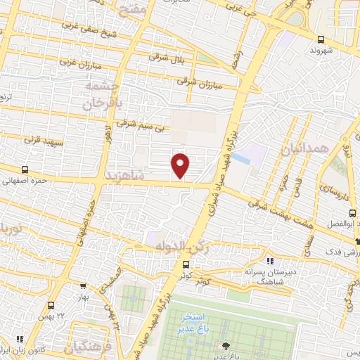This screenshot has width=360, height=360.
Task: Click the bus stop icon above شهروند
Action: pos(321,39)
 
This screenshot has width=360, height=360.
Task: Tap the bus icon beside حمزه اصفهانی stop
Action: pos(25,169)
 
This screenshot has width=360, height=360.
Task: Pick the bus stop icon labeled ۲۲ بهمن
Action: pos(51,305)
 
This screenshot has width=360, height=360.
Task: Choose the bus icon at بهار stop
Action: pos(83,286)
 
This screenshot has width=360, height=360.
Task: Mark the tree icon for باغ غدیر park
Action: pos(226,345)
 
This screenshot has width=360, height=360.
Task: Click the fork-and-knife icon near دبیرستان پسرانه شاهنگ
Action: pos(270,261)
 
